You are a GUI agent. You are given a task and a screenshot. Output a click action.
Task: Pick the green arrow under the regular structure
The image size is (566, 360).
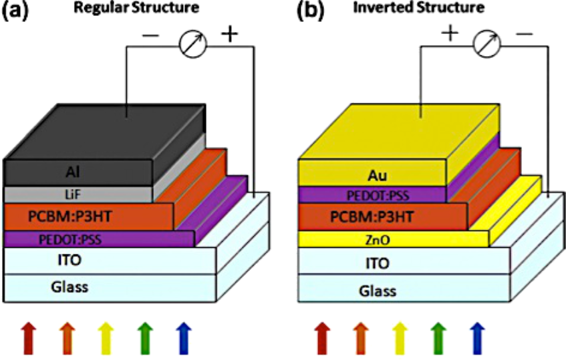click(143, 335)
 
